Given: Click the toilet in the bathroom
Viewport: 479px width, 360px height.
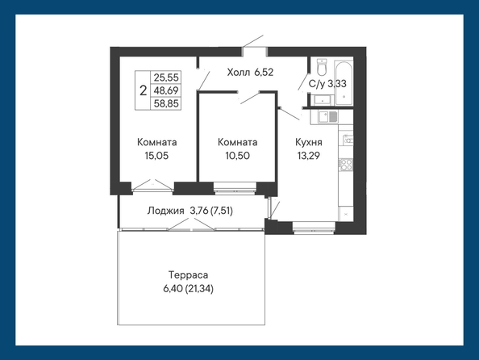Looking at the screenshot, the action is point(322,67).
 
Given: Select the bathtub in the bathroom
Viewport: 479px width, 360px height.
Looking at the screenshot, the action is point(344,83).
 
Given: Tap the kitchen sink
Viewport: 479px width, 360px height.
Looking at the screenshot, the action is point(327,117).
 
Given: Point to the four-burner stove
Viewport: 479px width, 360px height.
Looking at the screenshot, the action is point(346,164).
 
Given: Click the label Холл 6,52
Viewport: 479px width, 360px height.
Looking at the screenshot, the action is point(250,73).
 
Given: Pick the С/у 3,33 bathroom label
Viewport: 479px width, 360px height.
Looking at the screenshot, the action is point(327,83).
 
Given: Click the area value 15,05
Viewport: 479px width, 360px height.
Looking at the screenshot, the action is point(156,156).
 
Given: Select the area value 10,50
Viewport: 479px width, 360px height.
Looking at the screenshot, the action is point(237,156).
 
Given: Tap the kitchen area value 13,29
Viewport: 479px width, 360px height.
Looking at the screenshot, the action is point(309,156).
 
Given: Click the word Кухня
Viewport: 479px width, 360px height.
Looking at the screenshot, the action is point(309,143).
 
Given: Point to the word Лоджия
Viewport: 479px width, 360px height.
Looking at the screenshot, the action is point(165,211).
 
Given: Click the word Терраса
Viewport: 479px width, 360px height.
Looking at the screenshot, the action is point(188,275).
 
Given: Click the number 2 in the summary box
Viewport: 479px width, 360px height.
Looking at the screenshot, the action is point(143,90).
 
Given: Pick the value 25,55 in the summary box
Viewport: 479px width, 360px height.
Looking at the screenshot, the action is point(166,77).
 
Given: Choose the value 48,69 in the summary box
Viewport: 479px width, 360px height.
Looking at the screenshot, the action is point(166,90).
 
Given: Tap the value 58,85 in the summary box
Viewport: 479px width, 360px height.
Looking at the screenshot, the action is point(166,103).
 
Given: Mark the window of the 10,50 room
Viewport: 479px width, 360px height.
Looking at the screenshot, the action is point(235,188).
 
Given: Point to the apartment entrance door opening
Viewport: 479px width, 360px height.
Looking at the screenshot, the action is point(255,52).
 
